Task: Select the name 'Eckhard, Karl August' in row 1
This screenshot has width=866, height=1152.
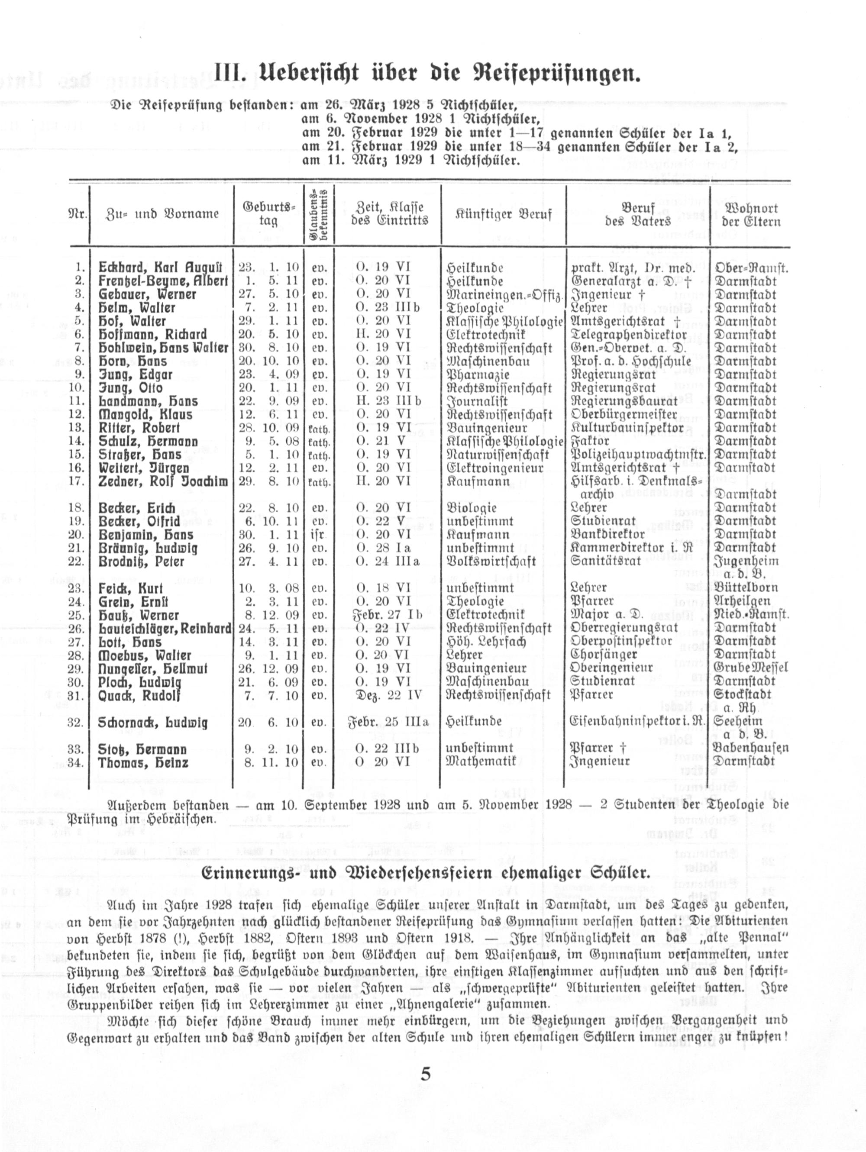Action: [x=160, y=268]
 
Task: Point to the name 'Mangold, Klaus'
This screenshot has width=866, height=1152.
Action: [x=145, y=415]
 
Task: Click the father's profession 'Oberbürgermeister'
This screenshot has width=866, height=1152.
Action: [x=624, y=415]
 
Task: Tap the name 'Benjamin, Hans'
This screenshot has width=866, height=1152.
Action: [x=146, y=535]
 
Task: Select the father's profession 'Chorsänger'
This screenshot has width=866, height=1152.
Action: [x=604, y=655]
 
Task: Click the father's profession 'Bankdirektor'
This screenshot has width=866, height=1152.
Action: [x=607, y=534]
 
